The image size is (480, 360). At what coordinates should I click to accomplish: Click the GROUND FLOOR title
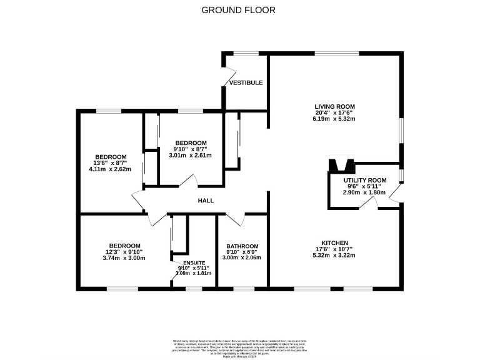[238, 10]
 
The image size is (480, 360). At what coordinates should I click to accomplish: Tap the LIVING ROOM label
[334, 106]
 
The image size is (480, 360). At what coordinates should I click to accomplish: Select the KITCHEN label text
[334, 243]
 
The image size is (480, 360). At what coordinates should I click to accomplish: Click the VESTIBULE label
[246, 82]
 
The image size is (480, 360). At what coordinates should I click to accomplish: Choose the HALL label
[206, 201]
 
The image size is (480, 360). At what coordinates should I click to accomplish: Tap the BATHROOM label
[242, 246]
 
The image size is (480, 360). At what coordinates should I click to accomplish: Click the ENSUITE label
[193, 262]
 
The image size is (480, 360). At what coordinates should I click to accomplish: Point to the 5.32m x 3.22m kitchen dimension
[334, 256]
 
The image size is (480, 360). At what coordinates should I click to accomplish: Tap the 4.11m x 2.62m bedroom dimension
[111, 169]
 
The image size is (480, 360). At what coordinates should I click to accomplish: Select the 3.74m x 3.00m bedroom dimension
[124, 257]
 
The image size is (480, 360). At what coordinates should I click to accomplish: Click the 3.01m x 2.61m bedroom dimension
[191, 155]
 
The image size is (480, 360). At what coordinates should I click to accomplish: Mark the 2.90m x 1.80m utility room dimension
[364, 192]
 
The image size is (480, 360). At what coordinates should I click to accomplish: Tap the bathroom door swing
[235, 219]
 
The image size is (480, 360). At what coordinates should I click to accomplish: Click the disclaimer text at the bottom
[239, 346]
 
